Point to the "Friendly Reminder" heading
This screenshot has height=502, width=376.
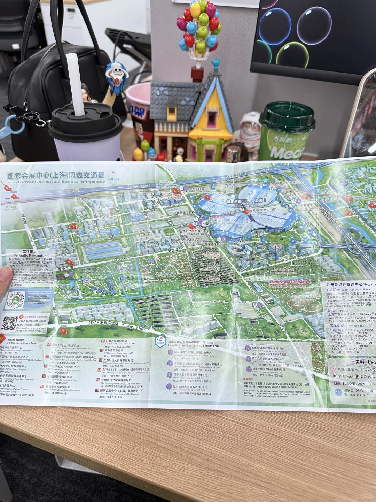click(x=30, y=255)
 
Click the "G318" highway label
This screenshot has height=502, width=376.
click(x=95, y=322)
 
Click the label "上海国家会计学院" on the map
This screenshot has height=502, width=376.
click(x=95, y=271)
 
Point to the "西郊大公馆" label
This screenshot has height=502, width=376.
click(x=164, y=273)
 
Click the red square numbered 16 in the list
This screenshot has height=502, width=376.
click(x=97, y=390)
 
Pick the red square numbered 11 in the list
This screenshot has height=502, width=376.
click(x=103, y=341)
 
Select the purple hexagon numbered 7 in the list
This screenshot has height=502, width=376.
click(x=249, y=369)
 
